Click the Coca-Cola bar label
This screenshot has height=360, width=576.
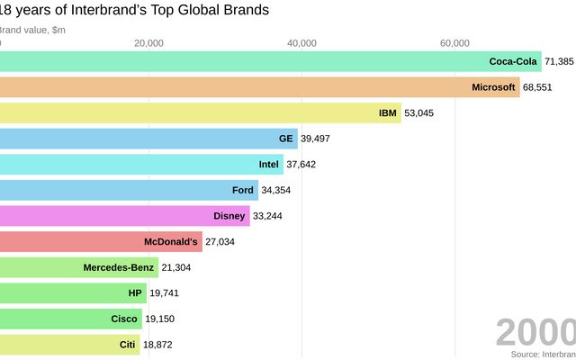click(x=512, y=62)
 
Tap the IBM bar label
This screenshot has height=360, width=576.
click(x=388, y=113)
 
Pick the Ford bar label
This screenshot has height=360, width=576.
click(x=243, y=190)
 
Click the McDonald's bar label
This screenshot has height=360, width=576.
click(x=170, y=242)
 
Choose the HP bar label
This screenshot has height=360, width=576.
click(x=136, y=293)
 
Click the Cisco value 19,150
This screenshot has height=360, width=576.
click(x=162, y=319)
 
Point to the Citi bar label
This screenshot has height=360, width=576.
click(x=127, y=345)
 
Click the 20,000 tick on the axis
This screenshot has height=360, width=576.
click(x=148, y=42)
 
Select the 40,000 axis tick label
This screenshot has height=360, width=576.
click(x=301, y=42)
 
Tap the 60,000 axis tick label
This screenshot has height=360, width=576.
click(x=454, y=42)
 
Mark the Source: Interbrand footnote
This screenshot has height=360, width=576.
click(x=543, y=354)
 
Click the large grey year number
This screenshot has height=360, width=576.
click(x=535, y=332)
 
